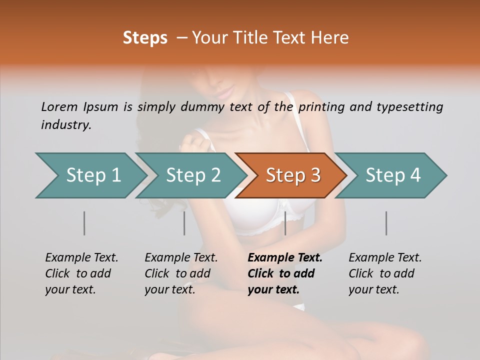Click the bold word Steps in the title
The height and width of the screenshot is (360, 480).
click(145, 38)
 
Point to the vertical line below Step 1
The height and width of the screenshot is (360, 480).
click(84, 223)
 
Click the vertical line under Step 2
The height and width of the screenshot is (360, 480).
click(184, 223)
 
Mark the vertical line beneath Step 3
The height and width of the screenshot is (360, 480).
click(285, 223)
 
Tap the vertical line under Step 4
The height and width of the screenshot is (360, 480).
click(386, 223)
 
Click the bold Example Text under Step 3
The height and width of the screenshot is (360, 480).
click(285, 257)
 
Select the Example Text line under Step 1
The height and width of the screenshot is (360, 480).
click(81, 257)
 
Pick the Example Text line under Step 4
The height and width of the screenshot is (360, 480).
click(385, 257)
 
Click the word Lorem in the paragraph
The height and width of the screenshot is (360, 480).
click(59, 106)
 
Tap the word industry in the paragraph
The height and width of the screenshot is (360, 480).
click(66, 124)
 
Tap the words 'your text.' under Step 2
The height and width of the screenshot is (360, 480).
click(170, 289)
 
